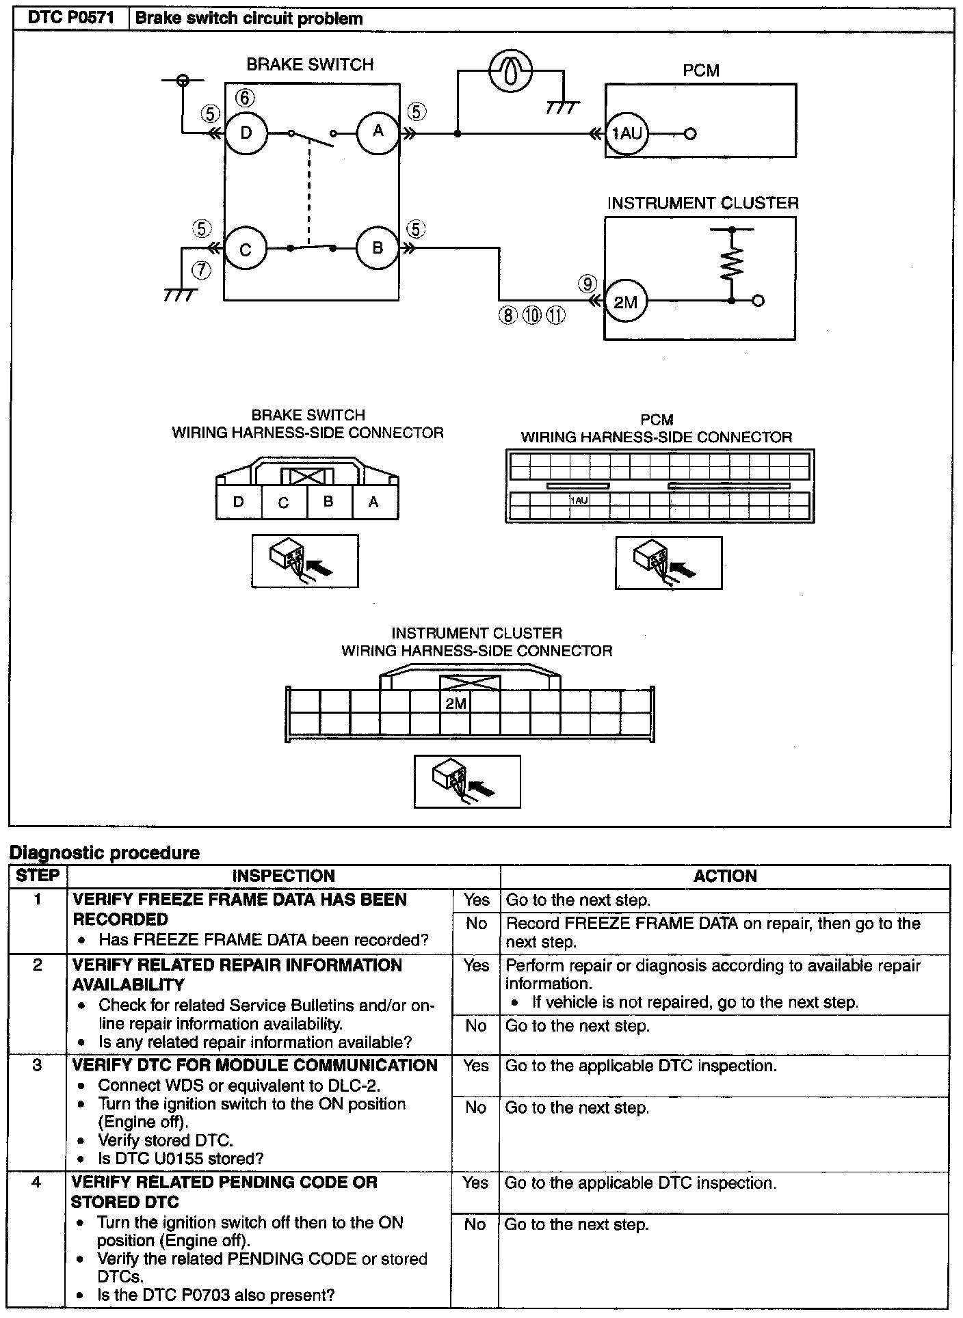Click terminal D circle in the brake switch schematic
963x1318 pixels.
click(x=246, y=133)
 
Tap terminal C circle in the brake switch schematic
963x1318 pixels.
click(x=245, y=250)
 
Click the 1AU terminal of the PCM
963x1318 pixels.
click(x=626, y=134)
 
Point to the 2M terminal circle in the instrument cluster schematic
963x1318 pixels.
click(x=625, y=301)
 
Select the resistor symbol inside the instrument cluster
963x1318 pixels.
click(x=731, y=264)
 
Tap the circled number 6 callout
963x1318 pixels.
click(x=246, y=98)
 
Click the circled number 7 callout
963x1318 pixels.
click(x=201, y=271)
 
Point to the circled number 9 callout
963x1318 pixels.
click(x=587, y=283)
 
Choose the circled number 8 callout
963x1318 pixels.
click(x=507, y=315)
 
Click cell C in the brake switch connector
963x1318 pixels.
click(x=284, y=503)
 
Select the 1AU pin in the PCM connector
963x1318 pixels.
click(x=579, y=500)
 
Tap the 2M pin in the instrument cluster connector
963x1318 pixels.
click(x=456, y=703)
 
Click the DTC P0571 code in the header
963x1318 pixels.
click(x=70, y=19)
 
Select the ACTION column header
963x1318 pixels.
click(x=725, y=876)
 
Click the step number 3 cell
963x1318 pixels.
click(x=38, y=1065)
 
